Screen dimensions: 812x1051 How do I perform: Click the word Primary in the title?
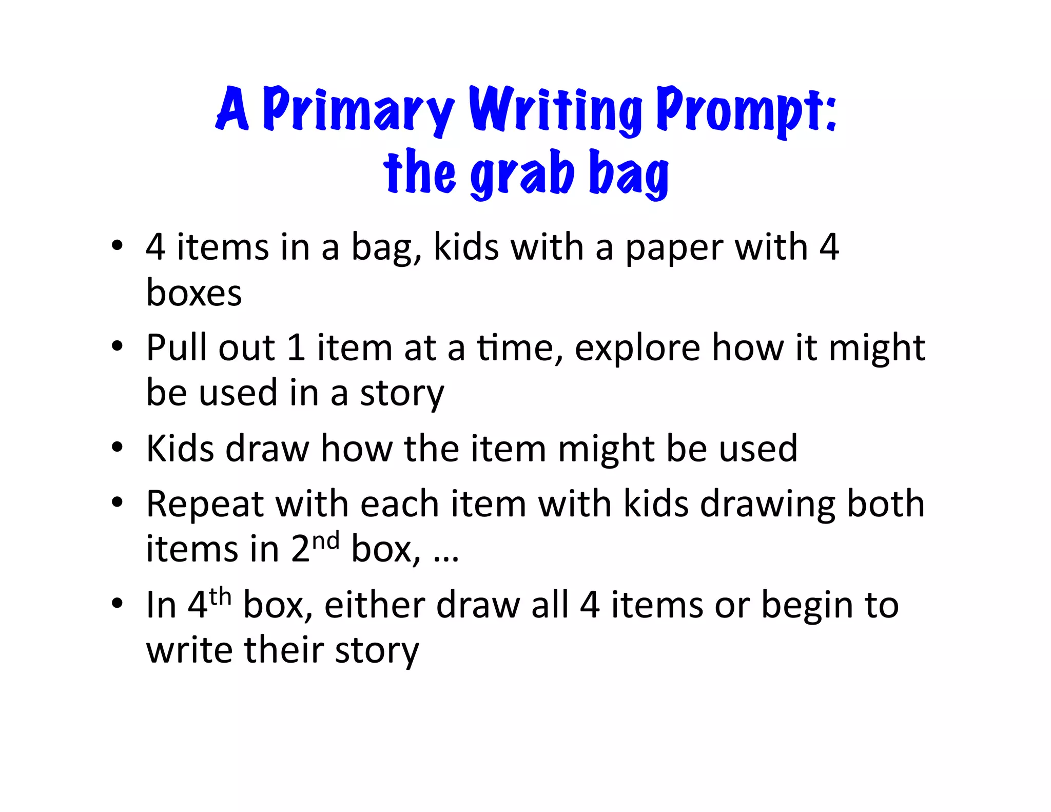point(358,109)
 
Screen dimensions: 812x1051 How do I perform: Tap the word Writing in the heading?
point(555,109)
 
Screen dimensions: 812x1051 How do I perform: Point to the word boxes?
point(194,293)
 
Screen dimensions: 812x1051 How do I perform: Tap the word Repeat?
point(204,505)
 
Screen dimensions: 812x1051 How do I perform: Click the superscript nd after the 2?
point(326,541)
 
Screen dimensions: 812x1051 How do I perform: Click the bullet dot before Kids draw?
point(118,448)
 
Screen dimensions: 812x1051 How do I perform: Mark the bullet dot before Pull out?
point(118,346)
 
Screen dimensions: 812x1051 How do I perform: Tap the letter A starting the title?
point(232,109)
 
